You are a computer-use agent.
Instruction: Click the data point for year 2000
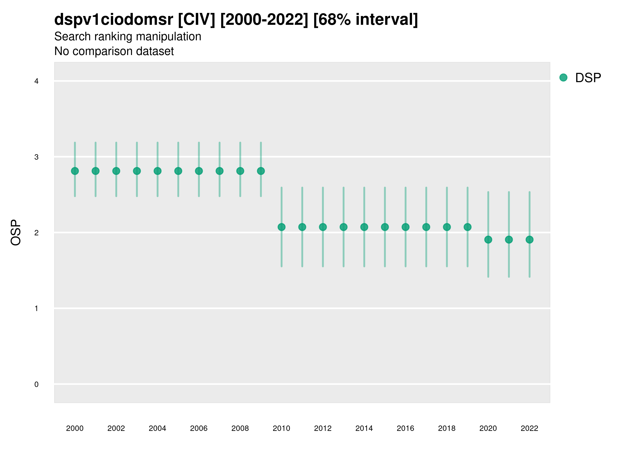pos(75,171)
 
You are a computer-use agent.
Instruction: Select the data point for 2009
pos(261,171)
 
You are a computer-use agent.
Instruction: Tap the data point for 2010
pos(282,227)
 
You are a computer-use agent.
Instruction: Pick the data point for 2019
pos(468,227)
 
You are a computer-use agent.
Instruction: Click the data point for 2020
pos(488,240)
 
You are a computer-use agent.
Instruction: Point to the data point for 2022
pos(530,240)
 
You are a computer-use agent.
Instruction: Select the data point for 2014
pos(364,227)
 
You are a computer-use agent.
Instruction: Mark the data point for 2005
pos(178,171)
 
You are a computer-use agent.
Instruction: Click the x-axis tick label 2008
pos(240,428)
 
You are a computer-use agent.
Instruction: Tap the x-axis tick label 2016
pos(406,428)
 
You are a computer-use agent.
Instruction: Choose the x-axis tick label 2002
pos(116,428)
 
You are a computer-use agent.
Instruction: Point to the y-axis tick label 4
pos(36,81)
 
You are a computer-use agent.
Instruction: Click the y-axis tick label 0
pos(36,384)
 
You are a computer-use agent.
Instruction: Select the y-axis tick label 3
pos(36,157)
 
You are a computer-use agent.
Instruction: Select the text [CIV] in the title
pos(197,20)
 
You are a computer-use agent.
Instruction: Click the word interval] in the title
pos(386,20)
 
